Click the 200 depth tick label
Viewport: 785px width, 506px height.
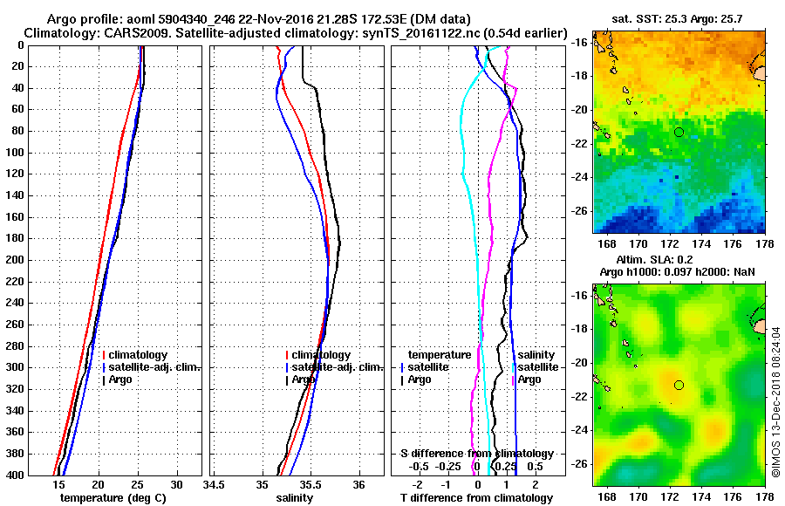tap(13, 260)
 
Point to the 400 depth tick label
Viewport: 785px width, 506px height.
tap(13, 475)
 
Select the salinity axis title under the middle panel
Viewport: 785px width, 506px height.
tap(294, 498)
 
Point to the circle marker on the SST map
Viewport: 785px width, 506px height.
tap(679, 132)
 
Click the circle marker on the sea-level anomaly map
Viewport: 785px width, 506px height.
tap(679, 385)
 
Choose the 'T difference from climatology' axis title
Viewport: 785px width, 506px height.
tap(477, 498)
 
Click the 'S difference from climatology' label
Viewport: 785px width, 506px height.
tap(477, 454)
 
